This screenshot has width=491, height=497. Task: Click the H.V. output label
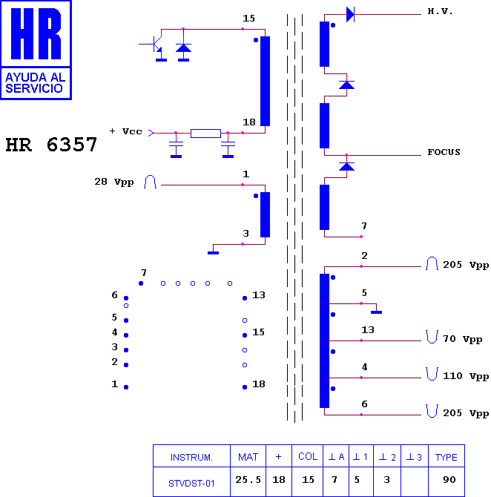point(440,11)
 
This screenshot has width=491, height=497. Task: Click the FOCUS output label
point(444,152)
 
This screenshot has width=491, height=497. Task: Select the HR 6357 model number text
point(51,145)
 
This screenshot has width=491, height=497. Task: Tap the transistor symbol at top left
point(154,45)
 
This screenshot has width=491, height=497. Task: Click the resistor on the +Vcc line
point(205,133)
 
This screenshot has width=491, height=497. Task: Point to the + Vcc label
point(125,131)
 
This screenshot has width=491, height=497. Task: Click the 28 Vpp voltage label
point(114,182)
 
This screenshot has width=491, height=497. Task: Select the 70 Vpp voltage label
point(463,339)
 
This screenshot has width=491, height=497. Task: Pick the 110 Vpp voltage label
point(466,376)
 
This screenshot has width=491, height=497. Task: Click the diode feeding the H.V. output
point(350,14)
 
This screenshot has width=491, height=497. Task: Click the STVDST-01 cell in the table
point(191,484)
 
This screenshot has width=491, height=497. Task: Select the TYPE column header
point(446,457)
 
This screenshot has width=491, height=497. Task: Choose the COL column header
point(308,456)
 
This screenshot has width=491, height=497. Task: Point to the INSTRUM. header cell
point(191,457)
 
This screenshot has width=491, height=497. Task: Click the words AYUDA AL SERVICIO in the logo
point(35,83)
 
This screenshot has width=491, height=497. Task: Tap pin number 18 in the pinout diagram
point(259,384)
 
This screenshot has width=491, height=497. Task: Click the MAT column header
point(248,457)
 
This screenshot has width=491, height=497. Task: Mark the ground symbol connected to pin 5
point(376,312)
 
